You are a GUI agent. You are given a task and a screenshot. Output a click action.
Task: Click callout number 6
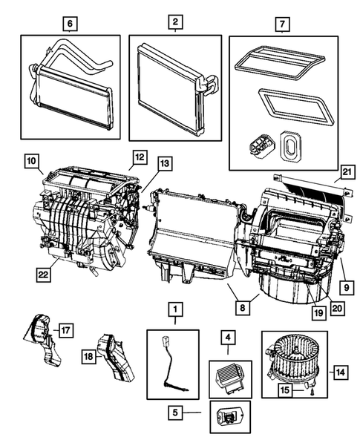[x=70, y=24]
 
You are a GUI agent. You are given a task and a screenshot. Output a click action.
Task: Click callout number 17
[x=65, y=328]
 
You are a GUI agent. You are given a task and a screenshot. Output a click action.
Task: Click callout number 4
[x=229, y=341]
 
